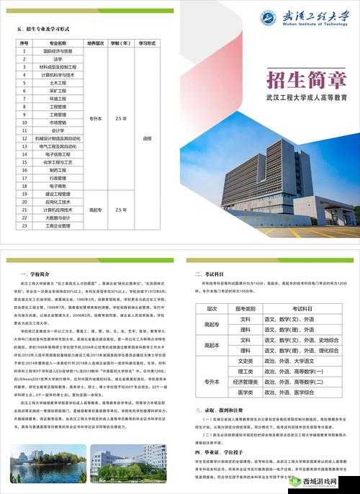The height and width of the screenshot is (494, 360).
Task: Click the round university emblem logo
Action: (x=269, y=17)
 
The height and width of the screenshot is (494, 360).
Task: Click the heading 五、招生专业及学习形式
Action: (x=43, y=29)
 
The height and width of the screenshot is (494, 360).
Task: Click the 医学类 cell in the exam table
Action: (x=246, y=392)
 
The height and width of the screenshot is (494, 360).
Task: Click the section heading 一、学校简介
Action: (x=37, y=274)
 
